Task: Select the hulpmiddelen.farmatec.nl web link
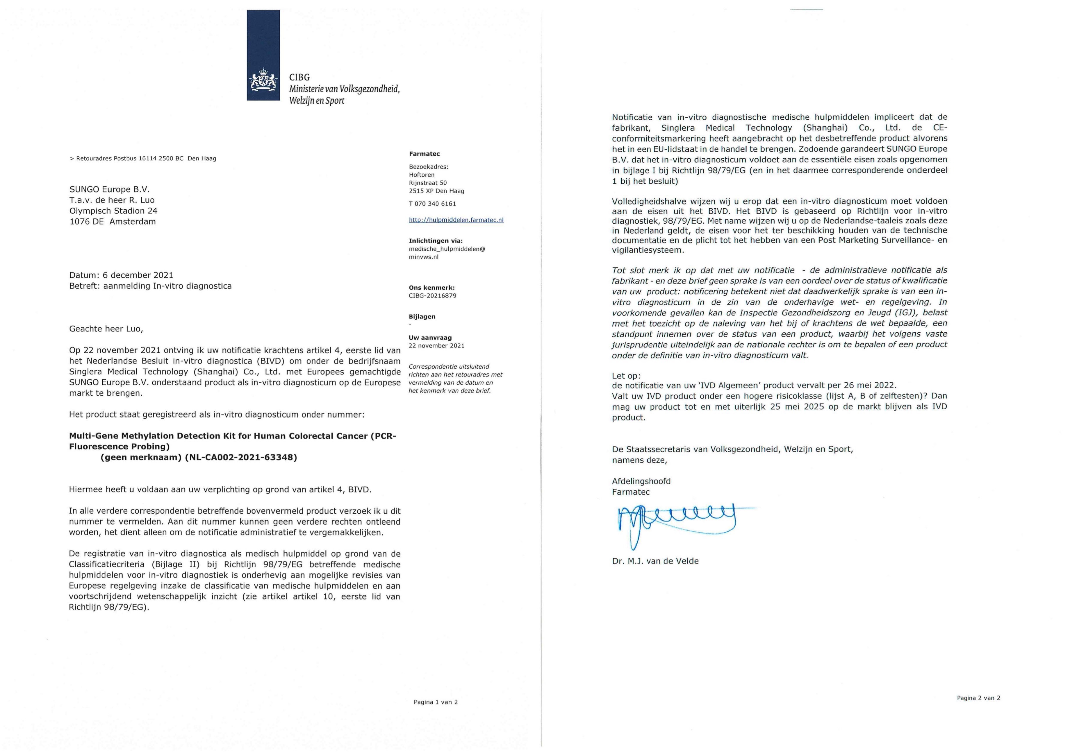tap(456, 220)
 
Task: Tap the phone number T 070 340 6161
tap(432, 203)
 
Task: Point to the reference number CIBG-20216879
tap(432, 296)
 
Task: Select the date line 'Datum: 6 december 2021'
tap(121, 275)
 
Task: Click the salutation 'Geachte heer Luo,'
tap(106, 329)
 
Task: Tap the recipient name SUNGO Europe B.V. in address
tap(110, 189)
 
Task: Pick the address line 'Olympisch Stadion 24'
tap(113, 211)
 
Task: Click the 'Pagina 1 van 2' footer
tap(435, 702)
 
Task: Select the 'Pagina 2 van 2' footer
tap(978, 698)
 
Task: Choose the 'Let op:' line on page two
tap(626, 376)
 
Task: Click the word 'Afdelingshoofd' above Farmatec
tap(641, 481)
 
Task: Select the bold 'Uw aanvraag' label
tap(430, 338)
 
